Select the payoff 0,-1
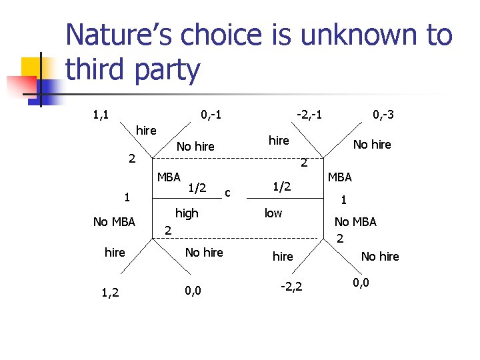[211, 115]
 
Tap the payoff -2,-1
[309, 115]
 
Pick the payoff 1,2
[111, 291]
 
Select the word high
[187, 213]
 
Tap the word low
[273, 213]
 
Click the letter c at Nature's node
[228, 193]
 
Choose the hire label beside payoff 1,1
[146, 130]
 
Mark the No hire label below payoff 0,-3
[372, 144]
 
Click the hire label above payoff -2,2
[283, 257]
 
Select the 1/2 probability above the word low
[282, 187]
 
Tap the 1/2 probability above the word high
[196, 189]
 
